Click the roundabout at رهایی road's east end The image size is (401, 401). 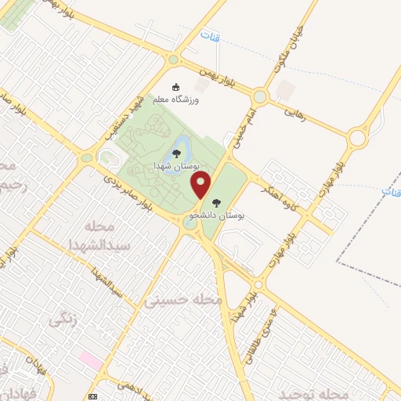[x=357, y=139]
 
